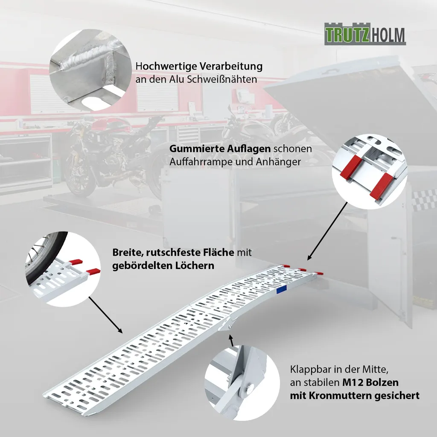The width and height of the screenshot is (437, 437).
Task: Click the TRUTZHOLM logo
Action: point(365,34)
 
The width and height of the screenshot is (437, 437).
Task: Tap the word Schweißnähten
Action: point(222,79)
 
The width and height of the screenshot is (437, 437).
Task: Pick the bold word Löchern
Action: point(195,265)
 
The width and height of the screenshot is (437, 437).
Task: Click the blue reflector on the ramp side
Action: point(283,290)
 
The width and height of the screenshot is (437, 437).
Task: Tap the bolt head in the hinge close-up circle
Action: point(250,387)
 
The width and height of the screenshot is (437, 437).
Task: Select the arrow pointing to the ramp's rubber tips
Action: point(327,231)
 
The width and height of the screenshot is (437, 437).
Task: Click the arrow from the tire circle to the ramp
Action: point(105,315)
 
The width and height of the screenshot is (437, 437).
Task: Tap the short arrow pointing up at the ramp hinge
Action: point(231,341)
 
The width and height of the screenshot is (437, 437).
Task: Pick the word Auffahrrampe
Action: point(201,162)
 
